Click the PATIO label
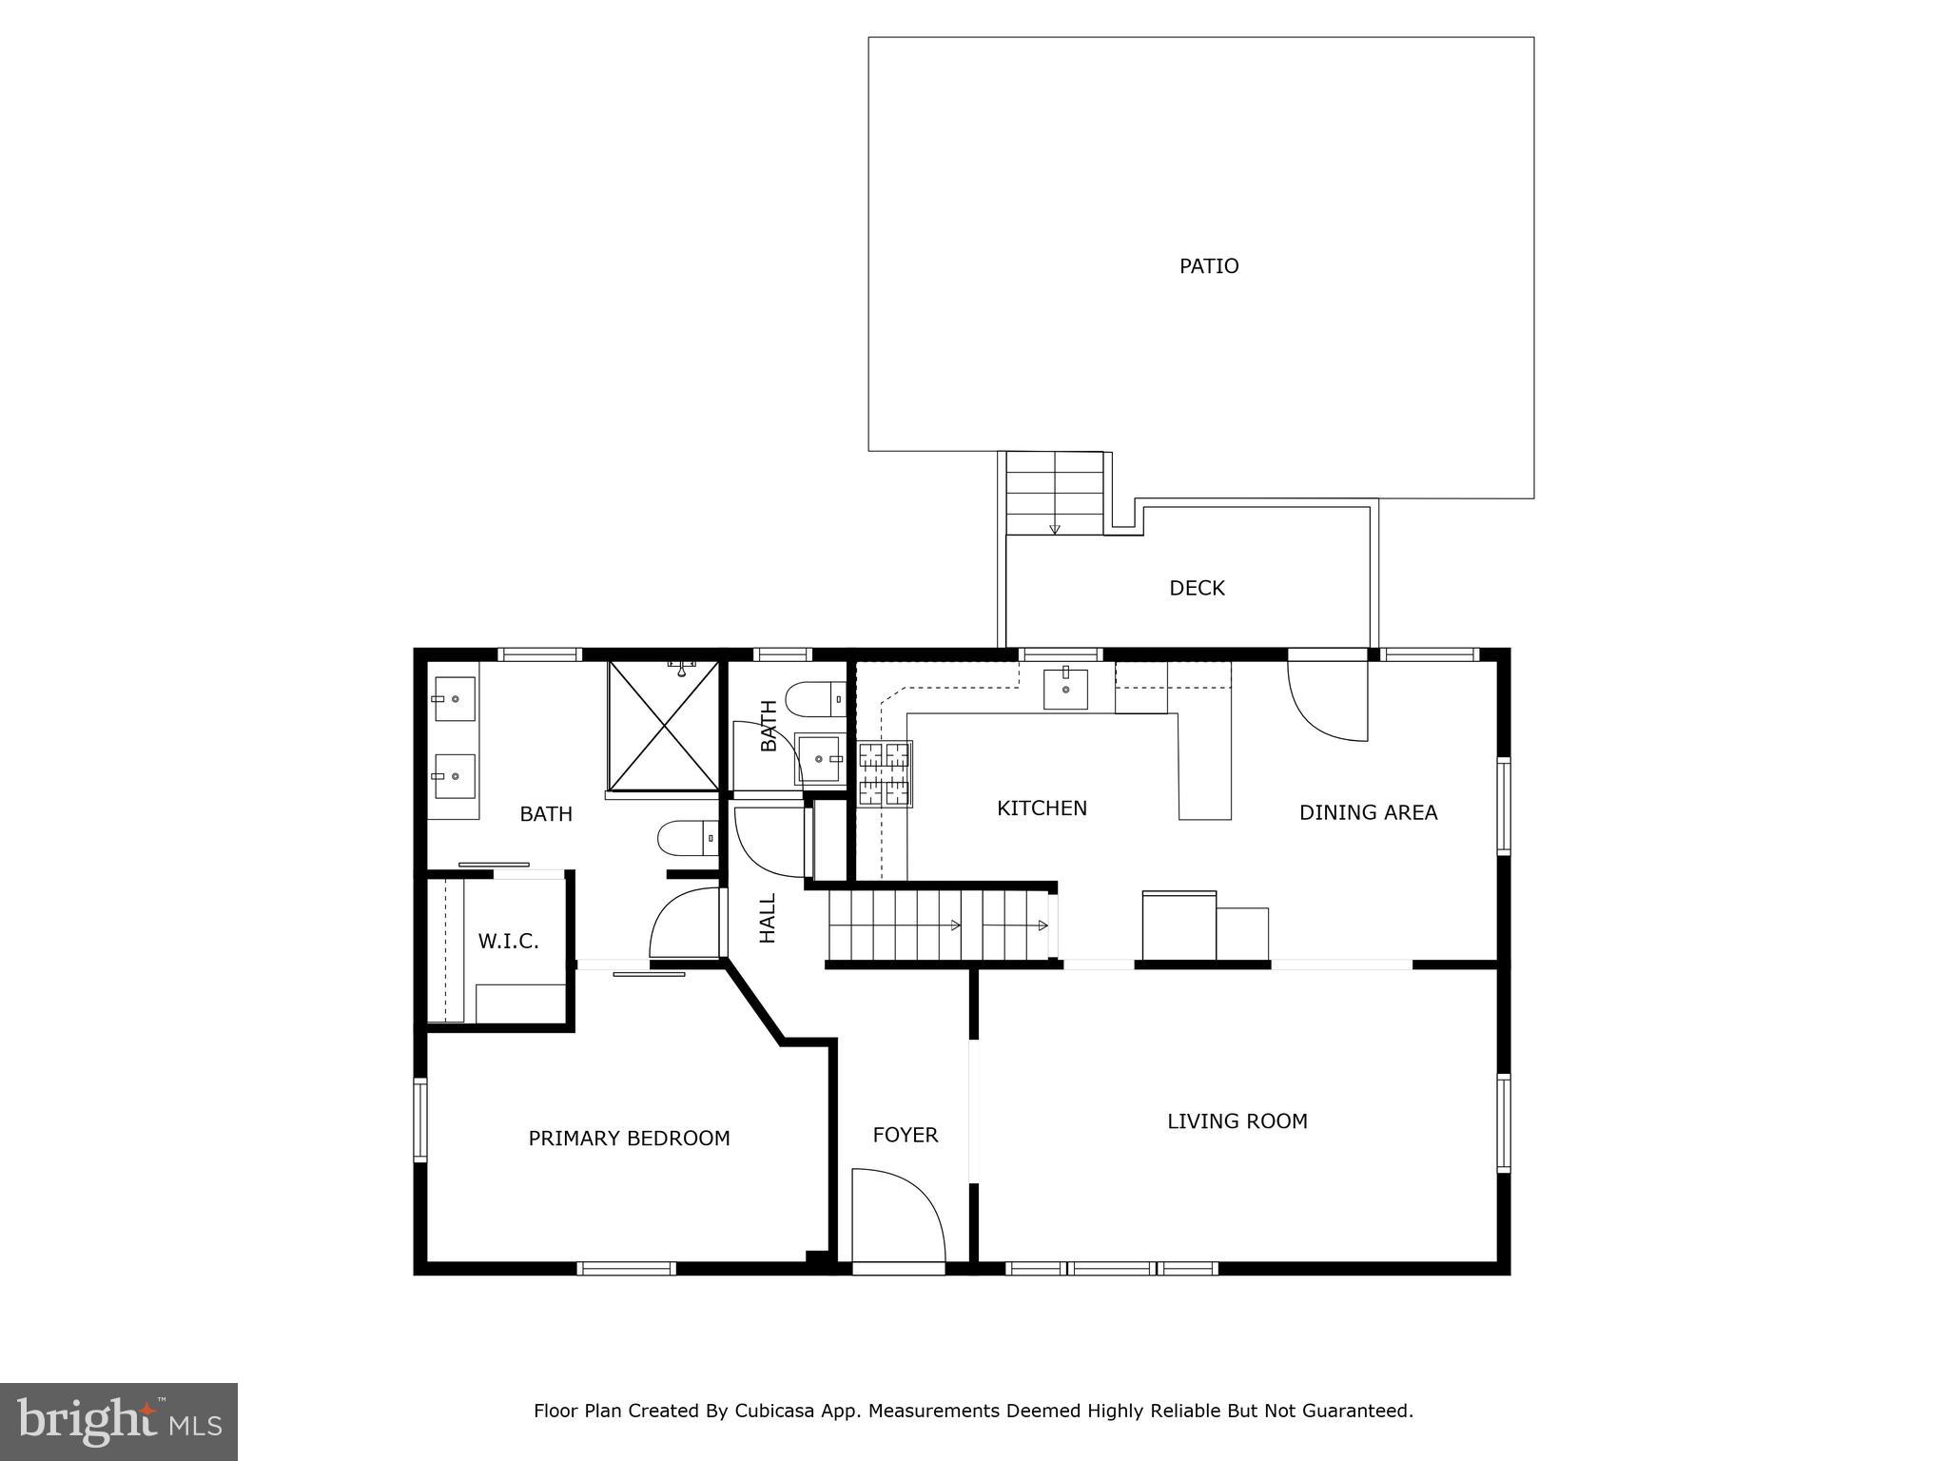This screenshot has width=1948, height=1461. tap(1208, 266)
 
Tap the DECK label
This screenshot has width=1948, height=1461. tap(1197, 589)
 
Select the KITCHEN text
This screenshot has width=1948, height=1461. tap(1042, 808)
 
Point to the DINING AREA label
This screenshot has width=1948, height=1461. tap(1368, 812)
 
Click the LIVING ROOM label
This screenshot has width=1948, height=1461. tap(1237, 1121)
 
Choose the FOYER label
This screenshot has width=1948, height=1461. tap(905, 1135)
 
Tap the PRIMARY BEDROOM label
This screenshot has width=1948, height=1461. tap(629, 1139)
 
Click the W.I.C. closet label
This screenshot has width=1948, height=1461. tap(508, 942)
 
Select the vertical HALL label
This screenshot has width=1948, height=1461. tap(768, 918)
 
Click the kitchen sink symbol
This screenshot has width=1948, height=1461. tap(1065, 689)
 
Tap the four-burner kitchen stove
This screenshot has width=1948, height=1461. tap(885, 773)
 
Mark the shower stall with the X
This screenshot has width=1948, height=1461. tap(664, 726)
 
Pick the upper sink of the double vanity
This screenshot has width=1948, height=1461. tap(455, 699)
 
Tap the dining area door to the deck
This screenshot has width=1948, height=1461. tap(1328, 699)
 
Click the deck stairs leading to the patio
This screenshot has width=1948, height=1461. tap(1054, 493)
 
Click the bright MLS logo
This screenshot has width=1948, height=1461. tap(119, 1421)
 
